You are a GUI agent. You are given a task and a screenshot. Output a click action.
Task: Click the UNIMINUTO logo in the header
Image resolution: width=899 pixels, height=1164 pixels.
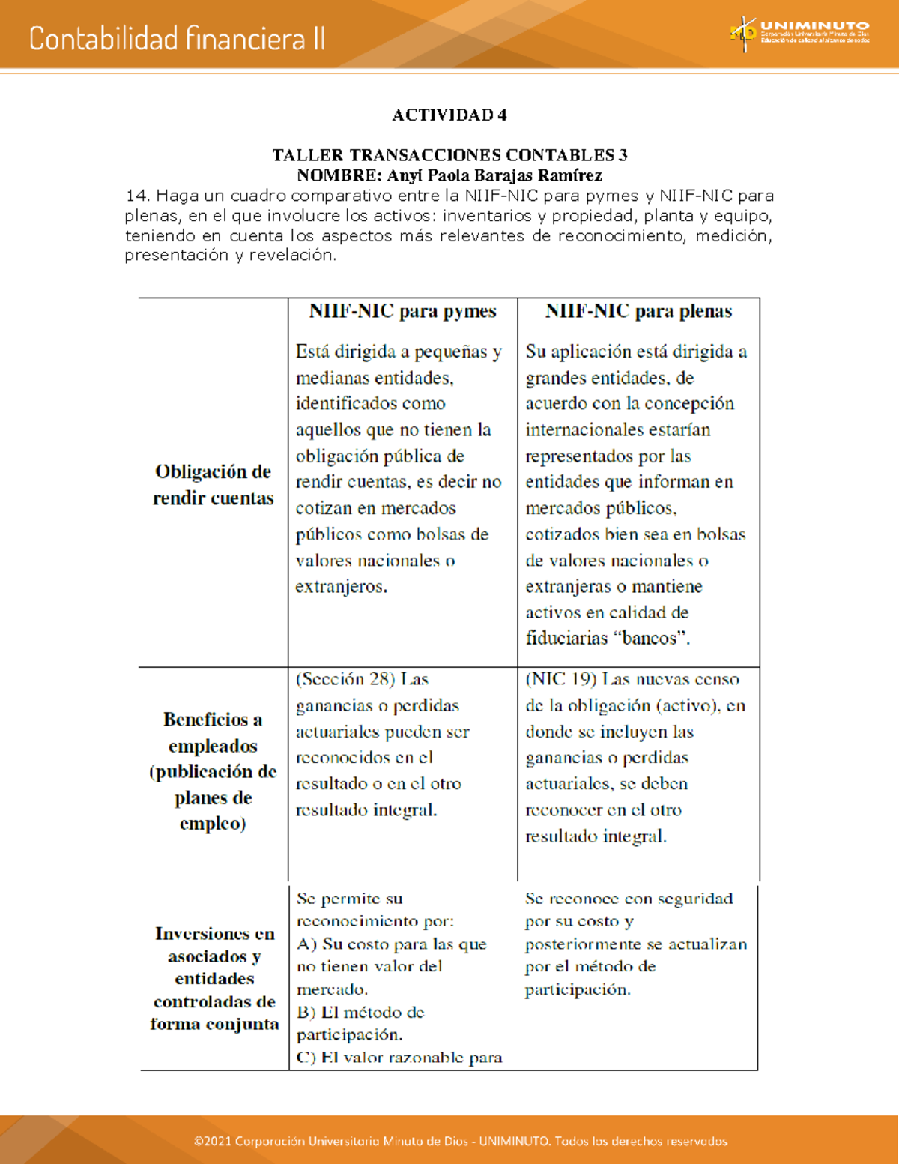pyautogui.click(x=799, y=34)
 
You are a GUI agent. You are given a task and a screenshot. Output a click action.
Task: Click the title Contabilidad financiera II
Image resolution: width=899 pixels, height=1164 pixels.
pyautogui.click(x=177, y=39)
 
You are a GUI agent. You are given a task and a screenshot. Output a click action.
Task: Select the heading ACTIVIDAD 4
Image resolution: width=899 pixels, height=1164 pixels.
pyautogui.click(x=449, y=115)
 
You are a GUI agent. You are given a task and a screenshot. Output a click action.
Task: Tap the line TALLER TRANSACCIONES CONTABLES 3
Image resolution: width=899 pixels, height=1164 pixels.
pyautogui.click(x=449, y=155)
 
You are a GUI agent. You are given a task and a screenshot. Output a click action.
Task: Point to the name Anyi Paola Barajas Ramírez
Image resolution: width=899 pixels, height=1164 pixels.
pyautogui.click(x=494, y=175)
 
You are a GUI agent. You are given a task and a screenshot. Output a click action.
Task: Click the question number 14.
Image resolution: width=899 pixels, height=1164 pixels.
pyautogui.click(x=137, y=196)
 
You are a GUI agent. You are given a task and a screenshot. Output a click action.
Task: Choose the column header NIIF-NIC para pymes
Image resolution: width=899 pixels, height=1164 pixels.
pyautogui.click(x=402, y=312)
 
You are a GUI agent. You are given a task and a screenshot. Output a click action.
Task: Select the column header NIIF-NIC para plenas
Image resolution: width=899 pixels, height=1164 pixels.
pyautogui.click(x=638, y=312)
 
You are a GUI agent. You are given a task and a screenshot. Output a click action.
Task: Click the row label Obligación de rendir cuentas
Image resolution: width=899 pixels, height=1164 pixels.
pyautogui.click(x=214, y=485)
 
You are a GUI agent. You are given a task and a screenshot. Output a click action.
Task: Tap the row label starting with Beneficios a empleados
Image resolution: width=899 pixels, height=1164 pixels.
pyautogui.click(x=214, y=771)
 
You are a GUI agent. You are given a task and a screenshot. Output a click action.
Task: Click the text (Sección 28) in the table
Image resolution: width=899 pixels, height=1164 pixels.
pyautogui.click(x=345, y=679)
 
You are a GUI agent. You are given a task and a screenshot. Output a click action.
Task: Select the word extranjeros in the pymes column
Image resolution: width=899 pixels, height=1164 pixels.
pyautogui.click(x=341, y=587)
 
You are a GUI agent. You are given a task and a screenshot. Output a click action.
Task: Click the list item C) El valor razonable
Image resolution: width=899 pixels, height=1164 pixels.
pyautogui.click(x=399, y=1058)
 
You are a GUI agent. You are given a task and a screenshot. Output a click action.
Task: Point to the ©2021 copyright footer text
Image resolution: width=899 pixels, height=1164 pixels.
pyautogui.click(x=460, y=1141)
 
